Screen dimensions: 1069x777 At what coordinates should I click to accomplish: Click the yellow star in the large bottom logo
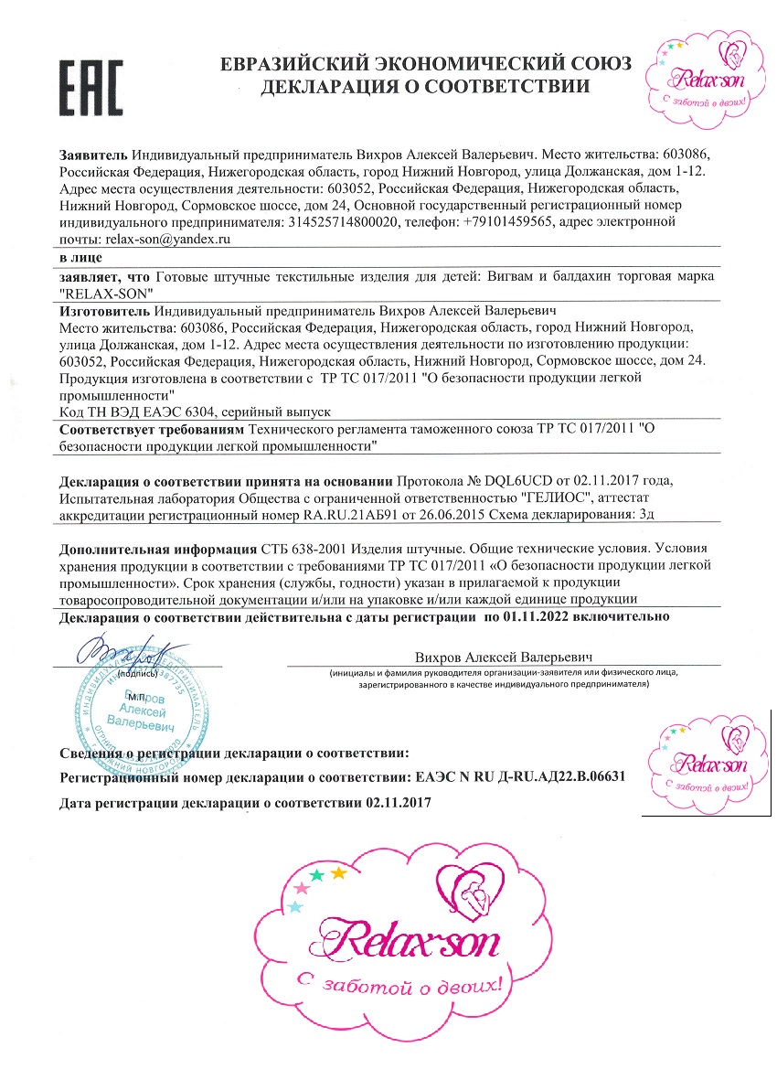click(338, 872)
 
